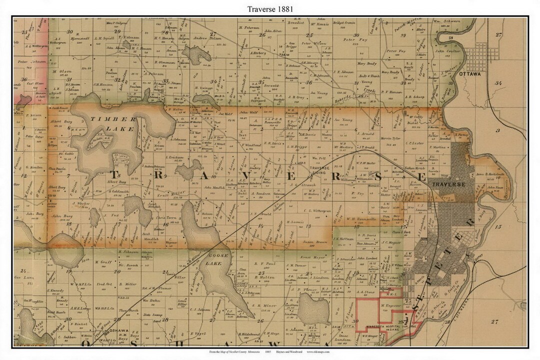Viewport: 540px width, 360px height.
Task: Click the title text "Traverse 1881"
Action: (x=269, y=9)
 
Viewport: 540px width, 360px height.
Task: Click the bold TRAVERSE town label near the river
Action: (x=448, y=184)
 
